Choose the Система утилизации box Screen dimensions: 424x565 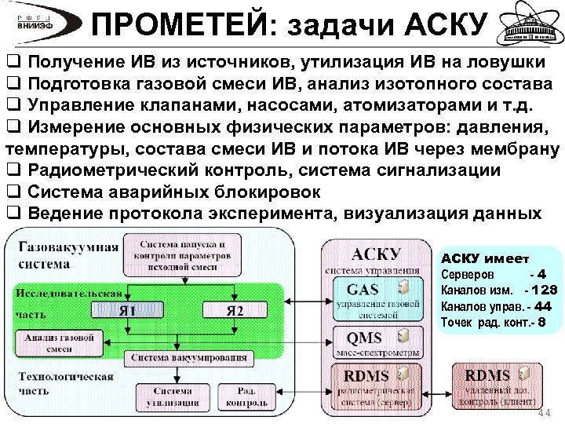click(172, 397)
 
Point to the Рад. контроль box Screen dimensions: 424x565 click(246, 397)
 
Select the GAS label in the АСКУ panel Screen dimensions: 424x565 click(363, 289)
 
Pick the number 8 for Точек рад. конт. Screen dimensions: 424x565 click(541, 321)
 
